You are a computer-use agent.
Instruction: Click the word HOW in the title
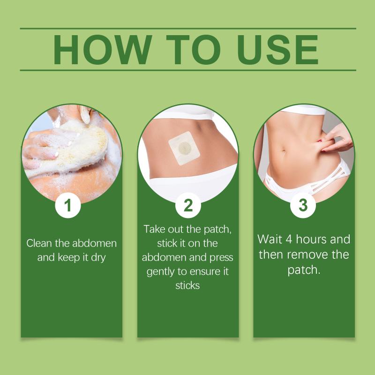[x=102, y=50]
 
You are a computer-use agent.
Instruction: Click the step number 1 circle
[x=68, y=205]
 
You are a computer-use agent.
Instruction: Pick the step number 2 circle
[x=188, y=205]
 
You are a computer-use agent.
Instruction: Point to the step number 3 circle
[x=303, y=205]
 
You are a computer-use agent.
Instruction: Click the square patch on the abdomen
[x=184, y=148]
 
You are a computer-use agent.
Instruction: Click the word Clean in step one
[x=39, y=243]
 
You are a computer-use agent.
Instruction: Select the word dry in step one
[x=98, y=258]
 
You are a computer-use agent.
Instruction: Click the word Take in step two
[x=154, y=229]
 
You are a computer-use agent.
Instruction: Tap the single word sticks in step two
[x=187, y=285]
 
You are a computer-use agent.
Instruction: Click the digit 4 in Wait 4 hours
[x=289, y=240]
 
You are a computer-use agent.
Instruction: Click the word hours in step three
[x=311, y=240]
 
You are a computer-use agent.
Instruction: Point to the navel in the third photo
[x=284, y=151]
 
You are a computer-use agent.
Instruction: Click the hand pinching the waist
[x=336, y=139]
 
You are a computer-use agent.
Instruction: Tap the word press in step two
[x=221, y=258]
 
